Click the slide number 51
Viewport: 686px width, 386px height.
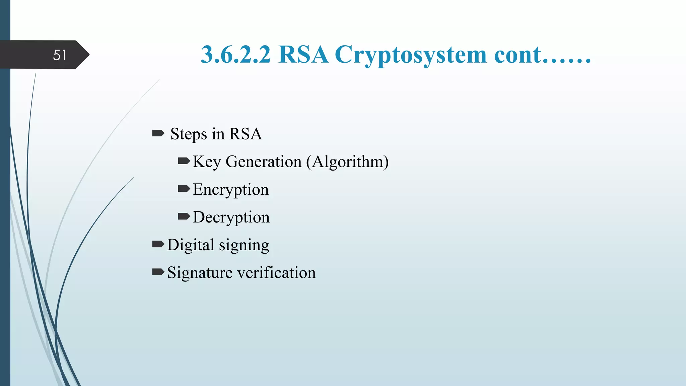60,55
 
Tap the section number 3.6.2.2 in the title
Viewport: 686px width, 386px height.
235,55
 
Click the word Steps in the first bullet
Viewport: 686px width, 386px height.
189,134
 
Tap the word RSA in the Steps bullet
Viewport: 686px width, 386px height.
245,134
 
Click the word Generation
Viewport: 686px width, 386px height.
264,162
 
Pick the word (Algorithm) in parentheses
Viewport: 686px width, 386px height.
347,162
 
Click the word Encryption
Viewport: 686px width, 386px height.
231,190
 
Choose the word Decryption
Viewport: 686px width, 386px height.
231,217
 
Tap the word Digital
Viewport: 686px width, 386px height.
191,245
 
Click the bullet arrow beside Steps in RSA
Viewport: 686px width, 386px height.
158,134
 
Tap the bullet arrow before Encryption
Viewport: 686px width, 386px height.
184,189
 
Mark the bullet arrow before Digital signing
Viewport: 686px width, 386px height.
158,244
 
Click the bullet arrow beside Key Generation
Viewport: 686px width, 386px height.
184,162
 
